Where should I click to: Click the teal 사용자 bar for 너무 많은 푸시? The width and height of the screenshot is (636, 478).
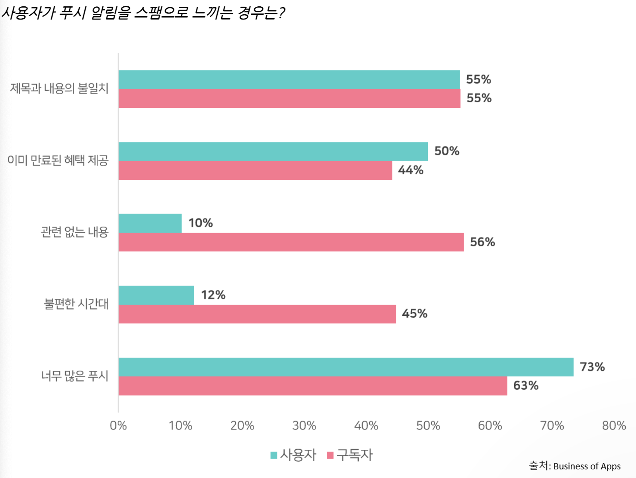click(345, 367)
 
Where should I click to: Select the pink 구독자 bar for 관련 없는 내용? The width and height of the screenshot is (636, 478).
click(291, 242)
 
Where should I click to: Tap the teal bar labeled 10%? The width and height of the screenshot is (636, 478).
click(150, 223)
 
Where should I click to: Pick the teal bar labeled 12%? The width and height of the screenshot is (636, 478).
click(156, 295)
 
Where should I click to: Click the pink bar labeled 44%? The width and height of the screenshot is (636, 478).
click(255, 170)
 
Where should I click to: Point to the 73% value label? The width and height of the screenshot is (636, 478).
click(592, 367)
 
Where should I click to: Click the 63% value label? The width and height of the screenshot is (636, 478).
click(526, 385)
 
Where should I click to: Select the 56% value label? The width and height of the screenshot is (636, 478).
click(482, 242)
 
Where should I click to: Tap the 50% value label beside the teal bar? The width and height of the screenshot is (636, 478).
click(447, 151)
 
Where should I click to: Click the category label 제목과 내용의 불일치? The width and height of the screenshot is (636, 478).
click(59, 88)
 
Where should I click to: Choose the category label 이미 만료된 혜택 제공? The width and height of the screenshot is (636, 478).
click(58, 160)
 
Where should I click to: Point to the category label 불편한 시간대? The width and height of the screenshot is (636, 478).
click(76, 304)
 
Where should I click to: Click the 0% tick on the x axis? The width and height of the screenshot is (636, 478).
click(118, 426)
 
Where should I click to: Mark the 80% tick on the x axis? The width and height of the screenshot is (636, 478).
click(614, 426)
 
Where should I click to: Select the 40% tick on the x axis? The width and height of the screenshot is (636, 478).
click(366, 426)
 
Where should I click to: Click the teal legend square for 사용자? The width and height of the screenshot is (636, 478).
click(274, 455)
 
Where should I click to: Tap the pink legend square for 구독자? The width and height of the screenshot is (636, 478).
click(330, 455)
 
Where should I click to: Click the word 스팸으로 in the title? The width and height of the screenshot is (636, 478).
click(161, 13)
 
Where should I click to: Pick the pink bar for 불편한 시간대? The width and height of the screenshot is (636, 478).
click(257, 314)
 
